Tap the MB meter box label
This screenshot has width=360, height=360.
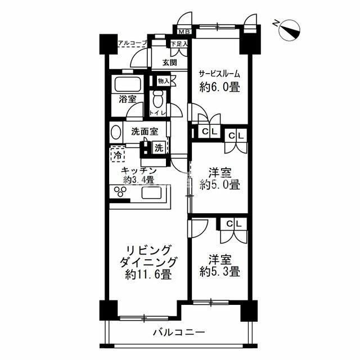coord(184,31)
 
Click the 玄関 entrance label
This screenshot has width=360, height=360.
coord(170,62)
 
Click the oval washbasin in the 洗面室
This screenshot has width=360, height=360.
coord(115,134)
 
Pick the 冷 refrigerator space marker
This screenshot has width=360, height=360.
coord(118,153)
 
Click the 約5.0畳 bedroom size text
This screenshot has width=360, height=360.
coord(220,184)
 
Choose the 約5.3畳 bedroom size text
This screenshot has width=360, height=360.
coord(220,271)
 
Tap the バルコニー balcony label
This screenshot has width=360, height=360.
coord(178,332)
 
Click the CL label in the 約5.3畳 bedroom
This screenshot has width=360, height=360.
coord(234,224)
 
